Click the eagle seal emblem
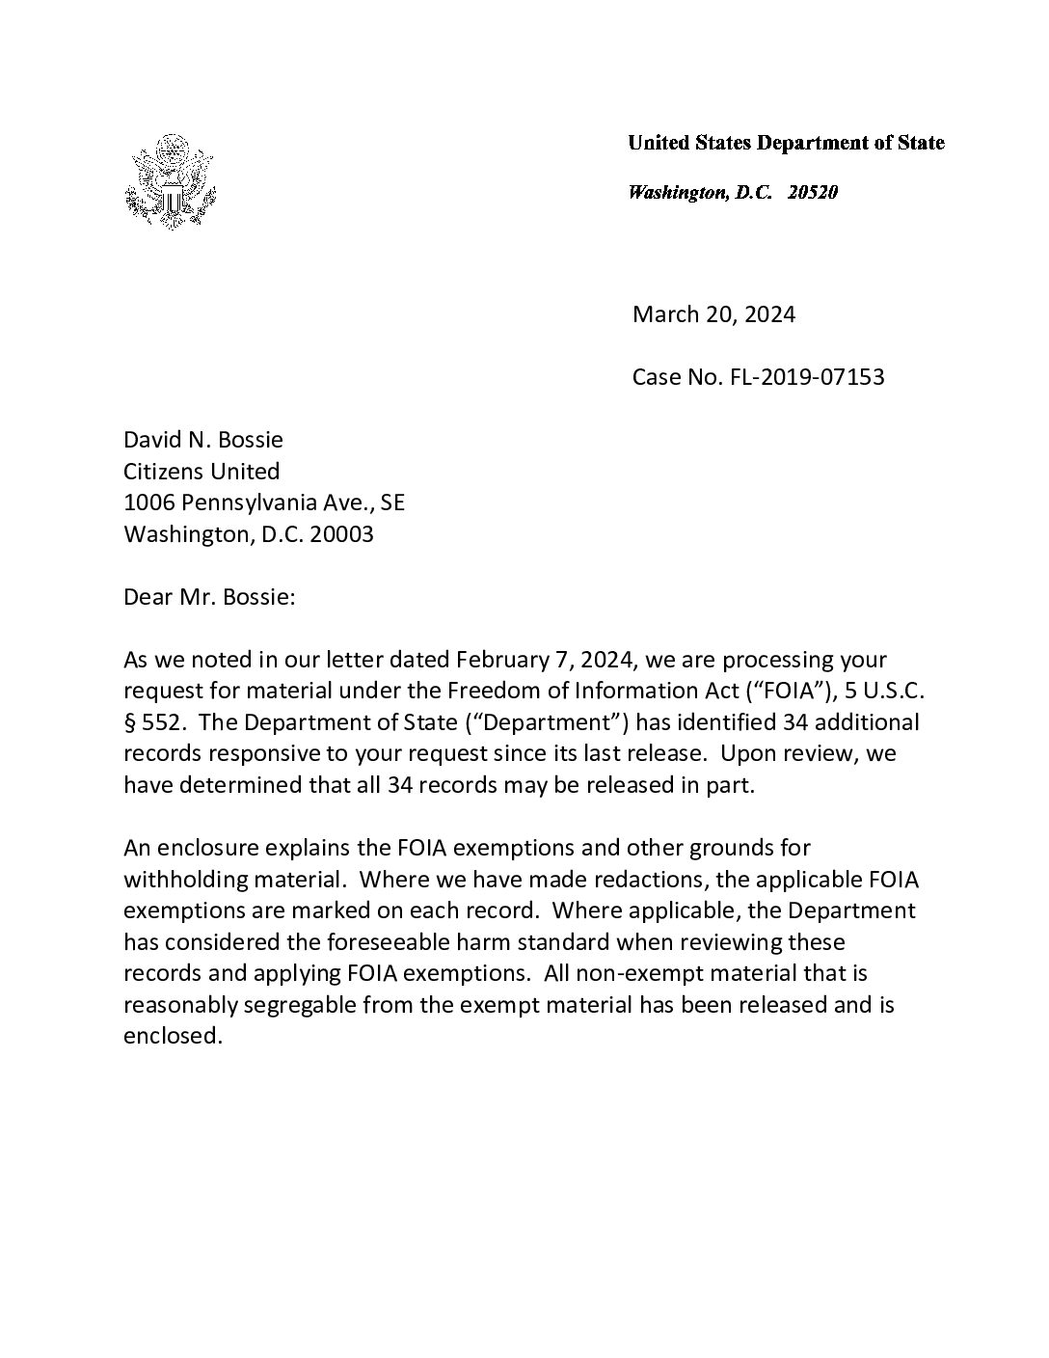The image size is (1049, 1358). point(169,182)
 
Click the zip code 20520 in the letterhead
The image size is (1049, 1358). point(812,192)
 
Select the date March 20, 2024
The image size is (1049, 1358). point(713,314)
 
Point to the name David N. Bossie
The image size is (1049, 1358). point(203,440)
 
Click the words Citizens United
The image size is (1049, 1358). point(202,472)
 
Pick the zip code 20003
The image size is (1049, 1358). point(341,534)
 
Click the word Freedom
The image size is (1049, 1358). point(491,692)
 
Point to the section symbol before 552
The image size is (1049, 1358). point(129,723)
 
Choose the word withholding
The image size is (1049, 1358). point(184,880)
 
